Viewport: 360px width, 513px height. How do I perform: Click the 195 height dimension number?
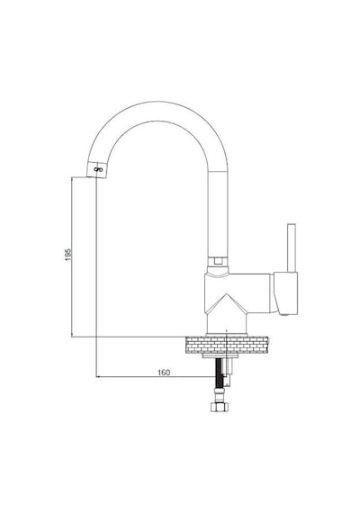tap(68, 255)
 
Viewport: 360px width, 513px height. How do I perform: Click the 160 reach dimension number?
tap(164, 373)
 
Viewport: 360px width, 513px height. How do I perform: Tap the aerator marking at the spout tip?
tap(98, 169)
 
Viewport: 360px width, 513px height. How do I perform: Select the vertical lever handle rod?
tap(292, 248)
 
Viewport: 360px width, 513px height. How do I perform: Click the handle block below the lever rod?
tap(286, 293)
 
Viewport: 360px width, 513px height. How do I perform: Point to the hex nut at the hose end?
tap(220, 407)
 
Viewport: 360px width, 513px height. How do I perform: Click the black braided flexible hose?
tap(220, 373)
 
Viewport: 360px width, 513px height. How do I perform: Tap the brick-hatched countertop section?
tap(227, 345)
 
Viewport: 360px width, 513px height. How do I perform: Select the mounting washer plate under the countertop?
tap(220, 355)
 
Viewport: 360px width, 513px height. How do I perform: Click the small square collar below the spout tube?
tap(218, 261)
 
